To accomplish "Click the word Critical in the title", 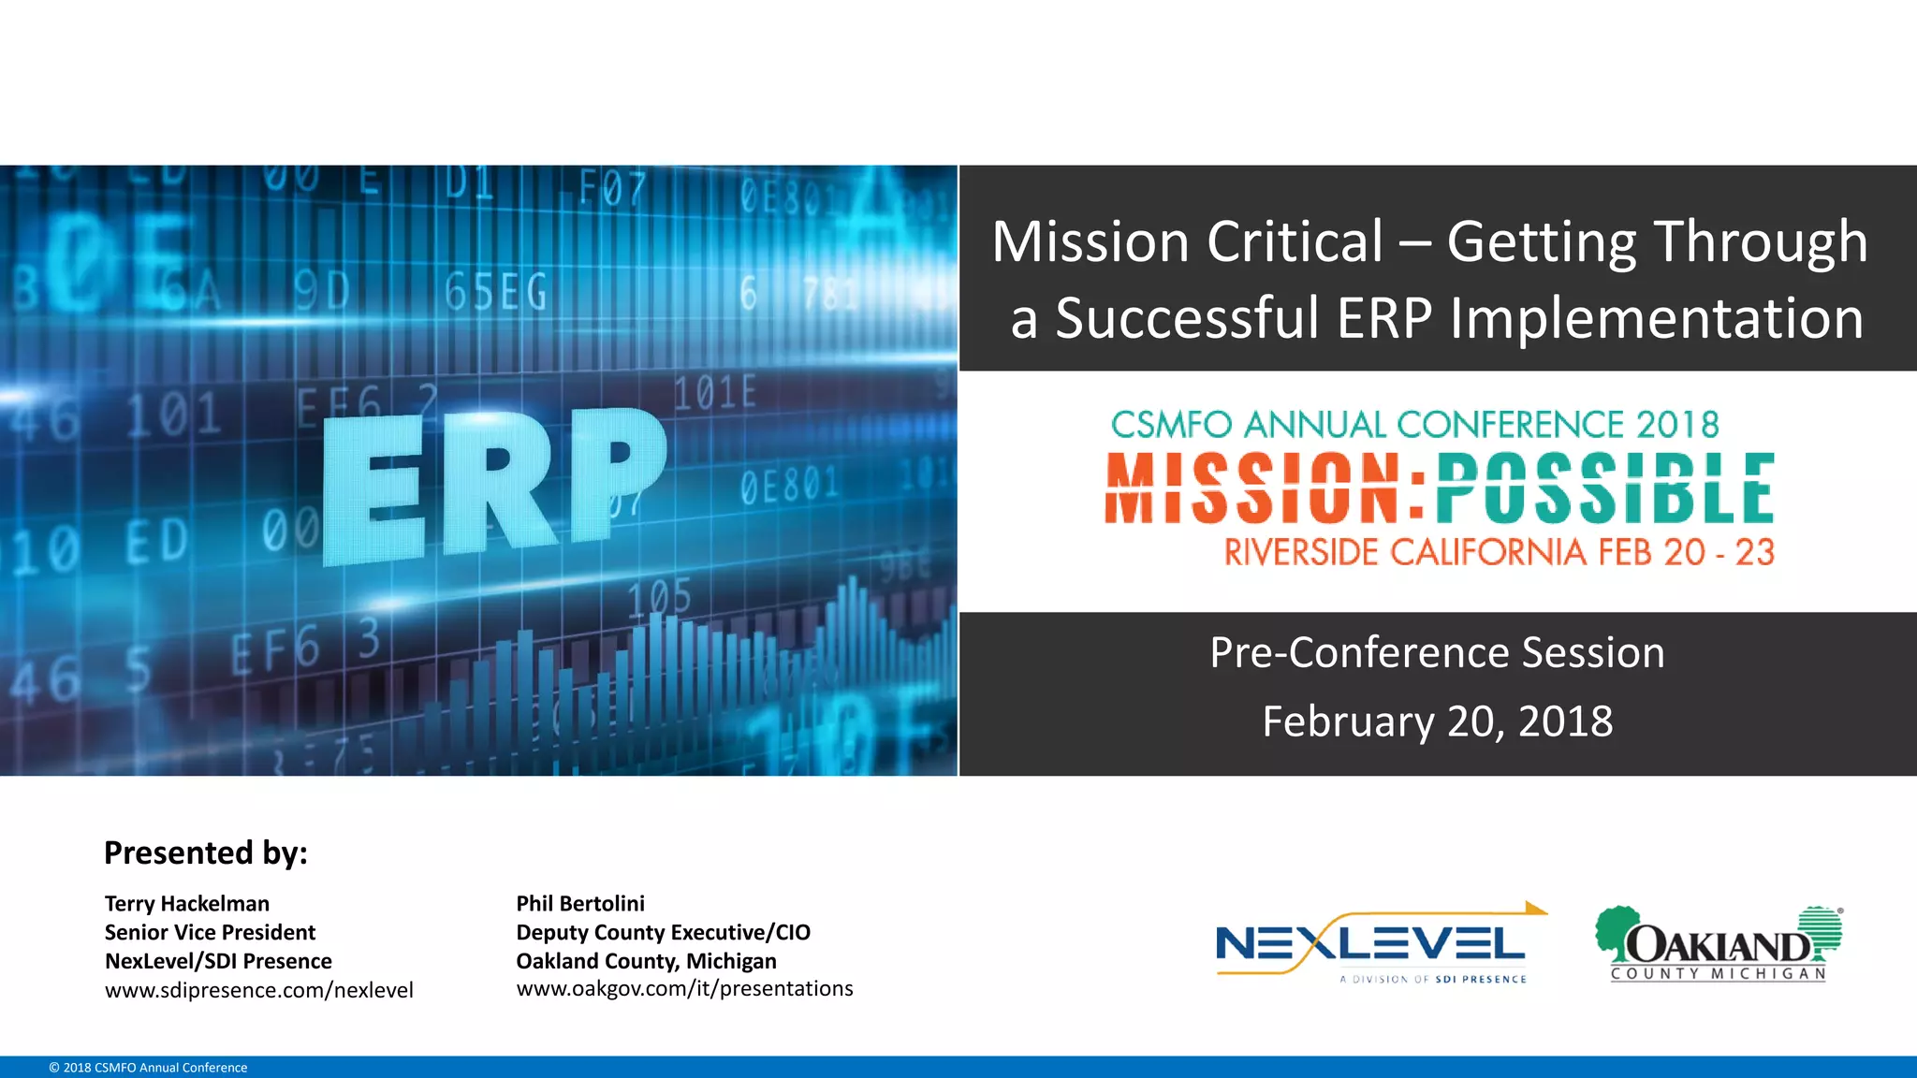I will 1295,242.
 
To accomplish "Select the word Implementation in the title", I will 1656,319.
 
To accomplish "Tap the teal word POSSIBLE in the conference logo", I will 1604,488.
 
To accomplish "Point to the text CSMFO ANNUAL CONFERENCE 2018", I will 1414,425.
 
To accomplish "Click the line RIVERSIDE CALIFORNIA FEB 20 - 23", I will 1499,552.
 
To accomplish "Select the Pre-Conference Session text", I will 1437,653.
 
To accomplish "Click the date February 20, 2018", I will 1437,721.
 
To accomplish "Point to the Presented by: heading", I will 206,853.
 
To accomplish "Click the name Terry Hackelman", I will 187,904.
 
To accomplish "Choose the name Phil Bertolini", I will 580,904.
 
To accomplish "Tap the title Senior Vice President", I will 210,933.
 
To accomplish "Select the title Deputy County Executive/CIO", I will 663,933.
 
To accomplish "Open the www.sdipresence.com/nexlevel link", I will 259,990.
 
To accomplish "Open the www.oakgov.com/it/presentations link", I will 684,989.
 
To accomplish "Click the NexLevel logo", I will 1371,945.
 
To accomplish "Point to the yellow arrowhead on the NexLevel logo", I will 1536,908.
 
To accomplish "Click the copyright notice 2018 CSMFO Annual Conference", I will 148,1068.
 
